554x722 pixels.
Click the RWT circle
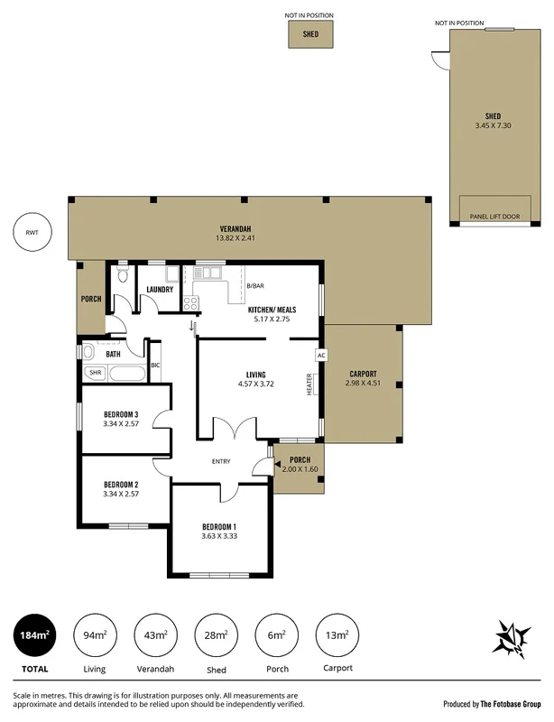pyautogui.click(x=32, y=233)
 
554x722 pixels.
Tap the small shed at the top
pyautogui.click(x=310, y=34)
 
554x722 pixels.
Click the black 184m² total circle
pyautogui.click(x=33, y=635)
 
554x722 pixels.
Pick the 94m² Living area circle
pyautogui.click(x=94, y=635)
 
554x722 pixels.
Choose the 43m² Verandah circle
pyautogui.click(x=155, y=635)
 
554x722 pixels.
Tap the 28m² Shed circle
pyautogui.click(x=216, y=635)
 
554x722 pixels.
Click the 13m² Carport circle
pyautogui.click(x=337, y=635)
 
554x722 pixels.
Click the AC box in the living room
pyautogui.click(x=319, y=356)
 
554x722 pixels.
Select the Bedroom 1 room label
pyautogui.click(x=219, y=526)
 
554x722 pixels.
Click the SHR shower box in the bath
pyautogui.click(x=95, y=372)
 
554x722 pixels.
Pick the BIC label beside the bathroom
pyautogui.click(x=155, y=366)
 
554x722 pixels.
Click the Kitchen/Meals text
pyautogui.click(x=272, y=310)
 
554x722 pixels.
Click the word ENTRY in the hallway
pyautogui.click(x=221, y=462)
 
